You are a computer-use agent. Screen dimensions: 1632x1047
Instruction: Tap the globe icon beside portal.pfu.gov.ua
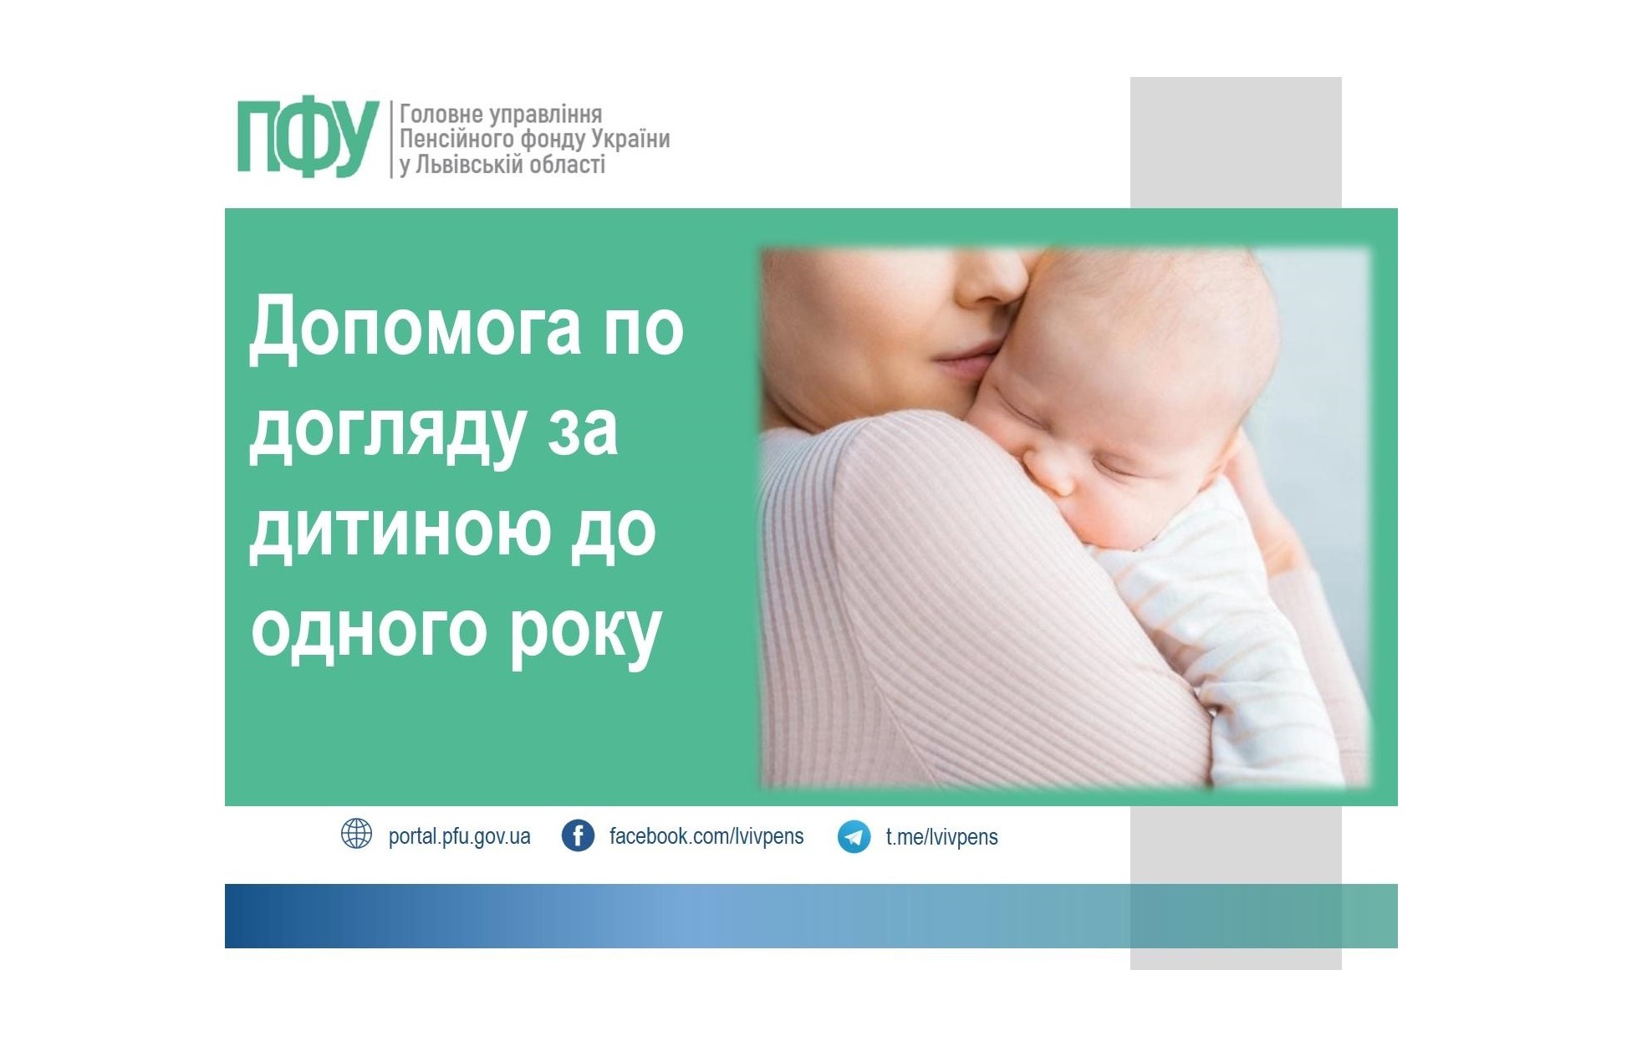[357, 835]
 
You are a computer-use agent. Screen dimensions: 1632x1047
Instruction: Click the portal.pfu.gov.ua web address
[459, 836]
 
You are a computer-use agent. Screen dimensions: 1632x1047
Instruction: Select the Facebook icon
[578, 835]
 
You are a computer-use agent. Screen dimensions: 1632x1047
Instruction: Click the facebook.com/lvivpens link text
[706, 836]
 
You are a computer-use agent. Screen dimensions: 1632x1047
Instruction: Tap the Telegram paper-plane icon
[854, 836]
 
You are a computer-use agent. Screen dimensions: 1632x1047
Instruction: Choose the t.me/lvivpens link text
[941, 836]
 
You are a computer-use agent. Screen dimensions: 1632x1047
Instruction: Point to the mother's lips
[961, 361]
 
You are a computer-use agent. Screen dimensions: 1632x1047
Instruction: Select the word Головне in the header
[436, 115]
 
